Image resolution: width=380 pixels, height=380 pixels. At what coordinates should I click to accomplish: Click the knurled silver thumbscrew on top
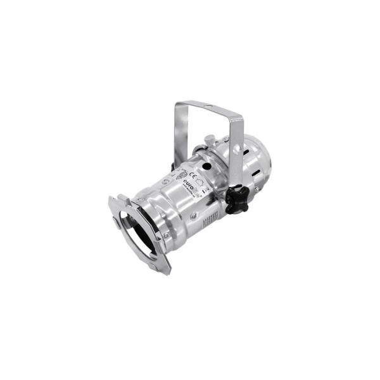(210, 140)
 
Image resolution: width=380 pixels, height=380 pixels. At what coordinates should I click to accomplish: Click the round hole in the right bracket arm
(236, 151)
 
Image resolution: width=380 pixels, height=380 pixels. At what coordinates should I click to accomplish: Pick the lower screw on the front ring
(166, 236)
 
